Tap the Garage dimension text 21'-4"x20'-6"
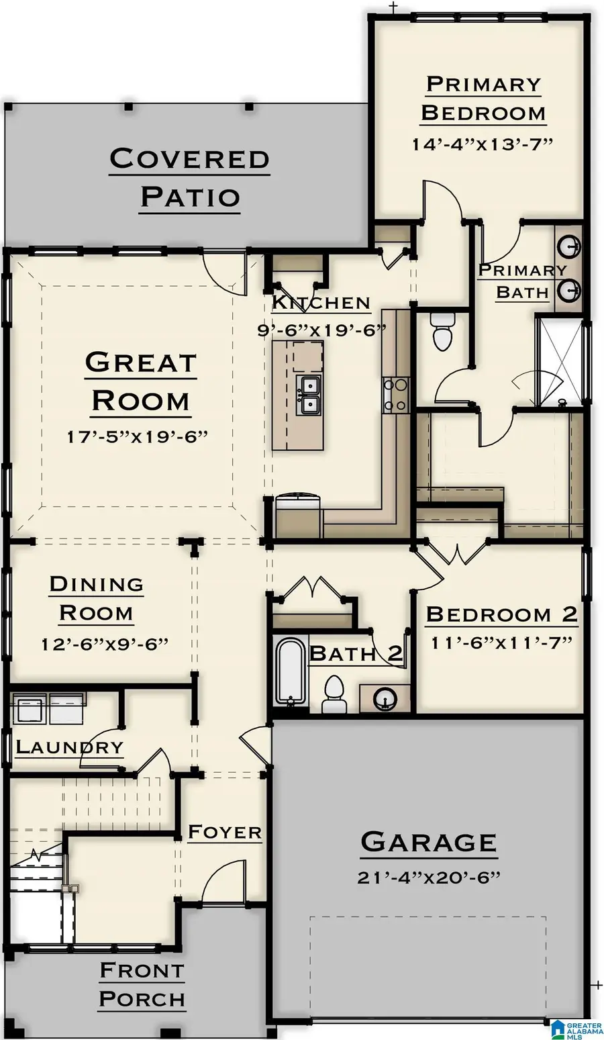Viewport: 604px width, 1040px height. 429,877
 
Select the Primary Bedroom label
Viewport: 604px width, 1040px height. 483,99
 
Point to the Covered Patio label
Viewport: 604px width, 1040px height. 190,178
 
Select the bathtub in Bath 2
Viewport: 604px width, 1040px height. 290,671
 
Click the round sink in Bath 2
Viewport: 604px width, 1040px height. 385,698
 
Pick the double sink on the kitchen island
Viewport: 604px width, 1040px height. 309,395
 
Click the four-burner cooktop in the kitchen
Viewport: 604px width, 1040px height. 395,395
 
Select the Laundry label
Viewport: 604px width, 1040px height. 69,747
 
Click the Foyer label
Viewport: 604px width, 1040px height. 224,833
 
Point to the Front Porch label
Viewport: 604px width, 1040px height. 142,984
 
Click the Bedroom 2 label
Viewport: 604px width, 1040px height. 501,614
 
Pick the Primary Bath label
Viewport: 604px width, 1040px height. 522,281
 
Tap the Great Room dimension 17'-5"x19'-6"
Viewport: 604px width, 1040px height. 138,436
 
